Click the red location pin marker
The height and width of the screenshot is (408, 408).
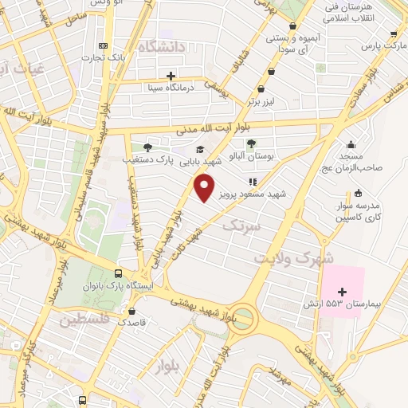(x=205, y=189)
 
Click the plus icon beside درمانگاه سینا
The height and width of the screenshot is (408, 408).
(x=171, y=75)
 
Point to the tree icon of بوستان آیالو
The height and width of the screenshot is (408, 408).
(x=252, y=143)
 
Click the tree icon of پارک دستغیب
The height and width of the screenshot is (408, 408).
(x=147, y=147)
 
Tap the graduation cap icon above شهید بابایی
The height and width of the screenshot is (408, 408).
(x=199, y=149)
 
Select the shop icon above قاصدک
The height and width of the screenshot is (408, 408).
(x=131, y=312)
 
